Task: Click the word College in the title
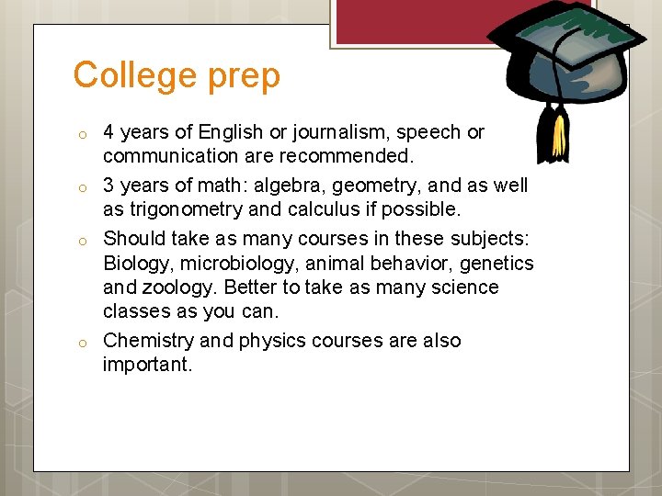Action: pos(136,75)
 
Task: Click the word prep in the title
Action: pos(244,77)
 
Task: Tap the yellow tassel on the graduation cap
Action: pos(558,138)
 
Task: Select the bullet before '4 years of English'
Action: pos(81,135)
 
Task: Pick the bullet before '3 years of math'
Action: pos(81,188)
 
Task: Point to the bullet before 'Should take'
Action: pos(81,242)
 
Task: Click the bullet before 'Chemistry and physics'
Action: pos(81,344)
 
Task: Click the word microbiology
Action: pos(232,263)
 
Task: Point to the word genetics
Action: pos(496,263)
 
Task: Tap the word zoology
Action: pos(179,287)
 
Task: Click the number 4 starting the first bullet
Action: pos(108,132)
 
